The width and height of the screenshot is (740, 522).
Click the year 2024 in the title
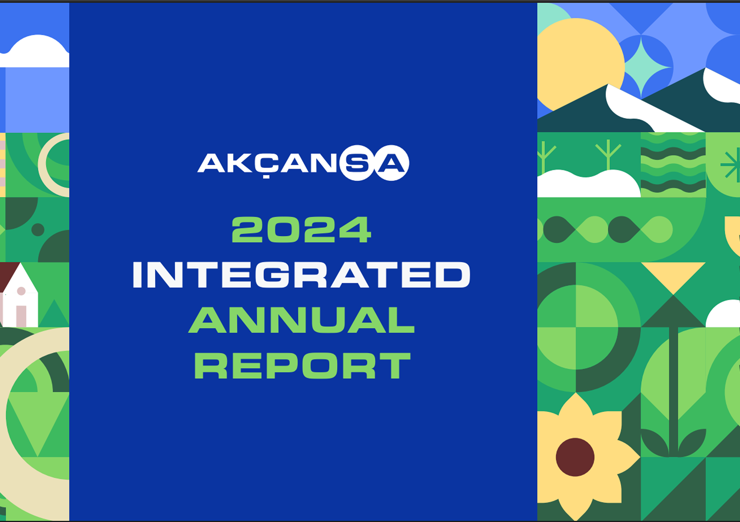point(301,230)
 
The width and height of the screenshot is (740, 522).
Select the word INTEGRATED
point(301,275)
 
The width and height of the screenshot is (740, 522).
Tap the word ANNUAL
point(301,320)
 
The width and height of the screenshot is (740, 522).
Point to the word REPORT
point(302,365)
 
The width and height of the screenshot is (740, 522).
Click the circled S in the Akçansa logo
point(358,163)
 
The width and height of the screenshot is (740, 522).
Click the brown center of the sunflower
point(575,457)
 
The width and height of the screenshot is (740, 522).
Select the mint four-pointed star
point(641,67)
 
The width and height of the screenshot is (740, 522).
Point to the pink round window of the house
point(21,291)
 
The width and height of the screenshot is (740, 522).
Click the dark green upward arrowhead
point(673,311)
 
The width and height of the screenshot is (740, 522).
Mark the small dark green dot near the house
point(38,230)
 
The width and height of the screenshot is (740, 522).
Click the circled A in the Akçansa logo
point(391,163)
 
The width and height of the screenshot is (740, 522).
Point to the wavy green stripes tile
point(673,164)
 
